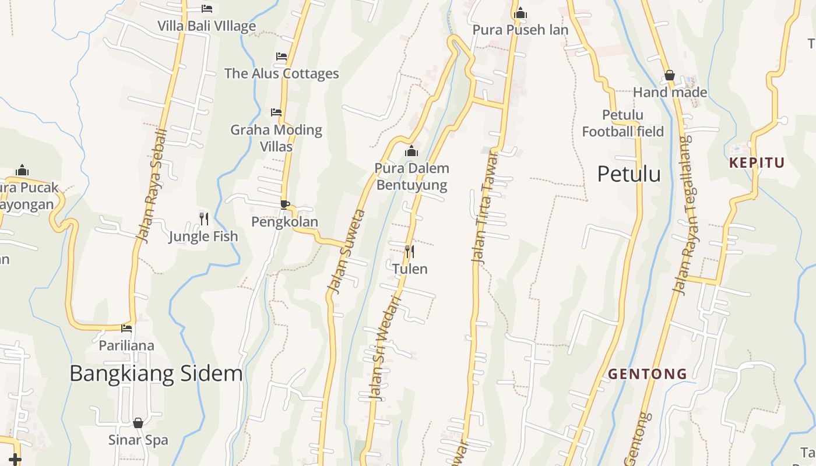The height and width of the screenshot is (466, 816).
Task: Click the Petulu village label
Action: (629, 174)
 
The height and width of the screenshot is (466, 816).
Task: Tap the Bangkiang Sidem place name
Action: (156, 373)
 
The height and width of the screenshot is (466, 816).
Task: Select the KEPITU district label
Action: (757, 163)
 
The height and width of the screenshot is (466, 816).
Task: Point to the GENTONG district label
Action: (648, 374)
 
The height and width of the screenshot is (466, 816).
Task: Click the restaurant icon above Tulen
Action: (410, 252)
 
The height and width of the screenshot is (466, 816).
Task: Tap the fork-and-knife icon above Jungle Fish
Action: (203, 219)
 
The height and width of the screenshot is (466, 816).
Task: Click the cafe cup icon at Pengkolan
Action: (284, 204)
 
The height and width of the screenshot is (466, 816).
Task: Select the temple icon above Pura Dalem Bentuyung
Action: (411, 151)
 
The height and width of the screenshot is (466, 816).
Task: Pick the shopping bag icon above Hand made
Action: (670, 75)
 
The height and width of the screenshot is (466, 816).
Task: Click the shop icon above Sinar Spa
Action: (138, 423)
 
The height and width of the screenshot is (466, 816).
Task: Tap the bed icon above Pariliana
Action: (126, 329)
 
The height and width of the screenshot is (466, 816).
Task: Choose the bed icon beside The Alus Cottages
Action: (282, 57)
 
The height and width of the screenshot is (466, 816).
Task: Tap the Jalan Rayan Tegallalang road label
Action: (685, 214)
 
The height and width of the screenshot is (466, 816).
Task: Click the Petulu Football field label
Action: (622, 123)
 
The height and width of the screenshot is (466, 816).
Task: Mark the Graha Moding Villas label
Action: (276, 137)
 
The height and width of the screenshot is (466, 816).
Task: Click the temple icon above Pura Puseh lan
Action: (520, 13)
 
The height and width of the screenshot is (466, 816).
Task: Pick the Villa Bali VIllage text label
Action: (206, 26)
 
